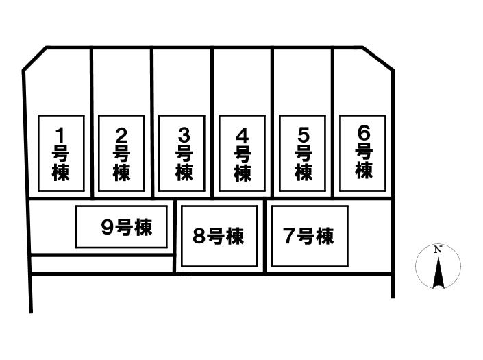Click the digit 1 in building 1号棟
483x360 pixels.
point(60,135)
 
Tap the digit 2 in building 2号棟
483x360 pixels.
point(121,135)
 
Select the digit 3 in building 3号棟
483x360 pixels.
point(184,135)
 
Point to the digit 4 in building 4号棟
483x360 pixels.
point(243,136)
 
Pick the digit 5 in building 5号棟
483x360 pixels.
point(304,135)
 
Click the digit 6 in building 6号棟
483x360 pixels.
point(364,134)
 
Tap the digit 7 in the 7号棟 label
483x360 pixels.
point(290,236)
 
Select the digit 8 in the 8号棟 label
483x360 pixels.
point(199,236)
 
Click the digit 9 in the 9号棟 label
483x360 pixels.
point(108,228)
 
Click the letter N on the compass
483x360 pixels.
point(438,250)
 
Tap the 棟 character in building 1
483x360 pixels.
point(60,172)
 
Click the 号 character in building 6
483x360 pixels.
point(364,152)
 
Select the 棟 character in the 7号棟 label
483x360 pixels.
point(325,236)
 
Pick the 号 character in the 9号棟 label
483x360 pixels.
point(125,228)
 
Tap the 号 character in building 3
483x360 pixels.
point(184,154)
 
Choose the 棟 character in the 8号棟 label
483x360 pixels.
point(234,237)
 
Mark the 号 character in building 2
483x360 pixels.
point(121,154)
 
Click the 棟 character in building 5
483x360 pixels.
point(304,172)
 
